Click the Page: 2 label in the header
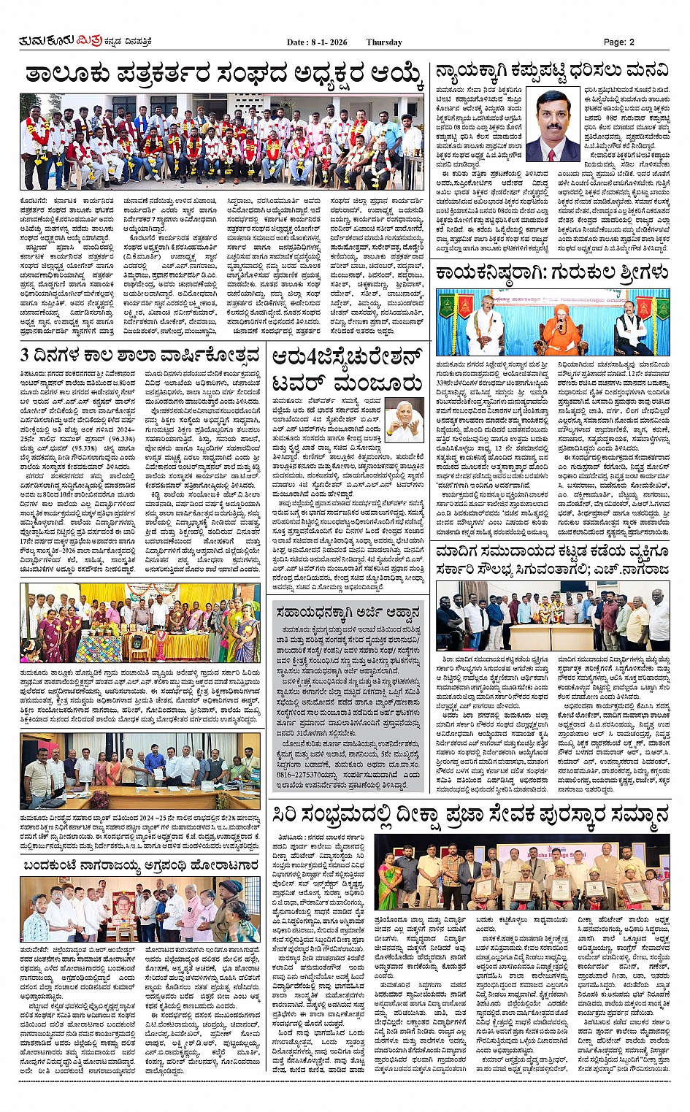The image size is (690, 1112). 618,42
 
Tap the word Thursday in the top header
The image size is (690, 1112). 384,42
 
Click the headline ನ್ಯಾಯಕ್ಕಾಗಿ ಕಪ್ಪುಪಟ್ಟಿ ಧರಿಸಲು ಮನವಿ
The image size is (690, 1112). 551,71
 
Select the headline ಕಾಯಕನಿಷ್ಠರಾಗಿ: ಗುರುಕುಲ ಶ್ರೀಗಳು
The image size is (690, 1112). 551,273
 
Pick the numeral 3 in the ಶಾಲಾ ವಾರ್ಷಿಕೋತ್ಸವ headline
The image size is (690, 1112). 26,356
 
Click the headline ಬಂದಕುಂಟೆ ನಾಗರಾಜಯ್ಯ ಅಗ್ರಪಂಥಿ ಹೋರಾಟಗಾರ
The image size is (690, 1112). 139,865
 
